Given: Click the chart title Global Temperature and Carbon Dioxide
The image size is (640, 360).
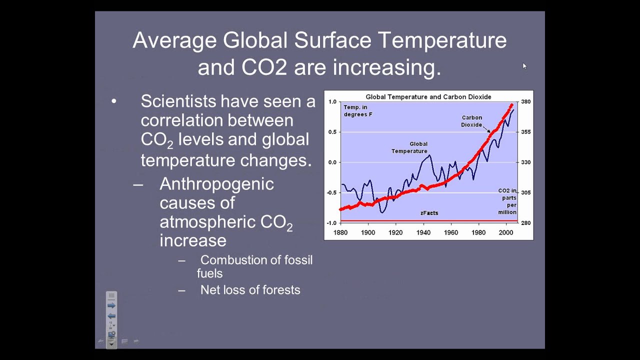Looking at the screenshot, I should coord(428,97).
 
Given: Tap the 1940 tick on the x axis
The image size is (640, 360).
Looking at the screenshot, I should coord(423,232).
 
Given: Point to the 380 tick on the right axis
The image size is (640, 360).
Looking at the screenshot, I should coord(525,101).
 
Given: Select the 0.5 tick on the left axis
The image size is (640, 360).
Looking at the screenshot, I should coord(332,132).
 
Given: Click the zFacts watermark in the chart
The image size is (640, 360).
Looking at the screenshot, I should coord(429,213).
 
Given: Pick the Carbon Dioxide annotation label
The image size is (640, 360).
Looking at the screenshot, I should coord(471,121).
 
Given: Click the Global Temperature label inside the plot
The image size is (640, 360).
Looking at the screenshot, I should coord(409,147).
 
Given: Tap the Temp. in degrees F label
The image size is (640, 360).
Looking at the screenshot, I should coord(357,110).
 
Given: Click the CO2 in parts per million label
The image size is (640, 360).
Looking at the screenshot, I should coord(507,201).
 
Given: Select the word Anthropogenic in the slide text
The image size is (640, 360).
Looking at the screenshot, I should coord(216,184).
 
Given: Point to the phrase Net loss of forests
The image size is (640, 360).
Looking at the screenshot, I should coord(250,290).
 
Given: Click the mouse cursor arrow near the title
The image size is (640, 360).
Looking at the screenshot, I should coord(524,65).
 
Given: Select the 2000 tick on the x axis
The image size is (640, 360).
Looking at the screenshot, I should coord(506,232).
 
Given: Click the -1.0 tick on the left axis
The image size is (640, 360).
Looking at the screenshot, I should coord(331,223).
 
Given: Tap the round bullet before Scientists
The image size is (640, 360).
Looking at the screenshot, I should coord(114,101).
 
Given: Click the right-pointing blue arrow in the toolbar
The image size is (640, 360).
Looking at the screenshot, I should coord(111,305).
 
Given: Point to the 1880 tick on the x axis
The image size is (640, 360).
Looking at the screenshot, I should coord(340,232).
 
